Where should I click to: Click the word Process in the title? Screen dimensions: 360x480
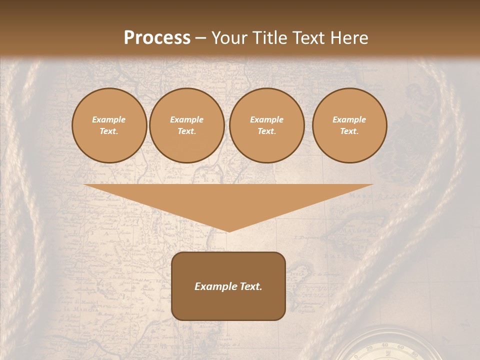[157, 38]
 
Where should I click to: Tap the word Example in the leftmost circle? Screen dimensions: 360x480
[108, 119]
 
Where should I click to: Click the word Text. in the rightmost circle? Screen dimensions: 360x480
[349, 131]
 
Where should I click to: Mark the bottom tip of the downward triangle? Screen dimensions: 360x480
[228, 231]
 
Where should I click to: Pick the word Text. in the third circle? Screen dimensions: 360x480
[266, 131]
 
